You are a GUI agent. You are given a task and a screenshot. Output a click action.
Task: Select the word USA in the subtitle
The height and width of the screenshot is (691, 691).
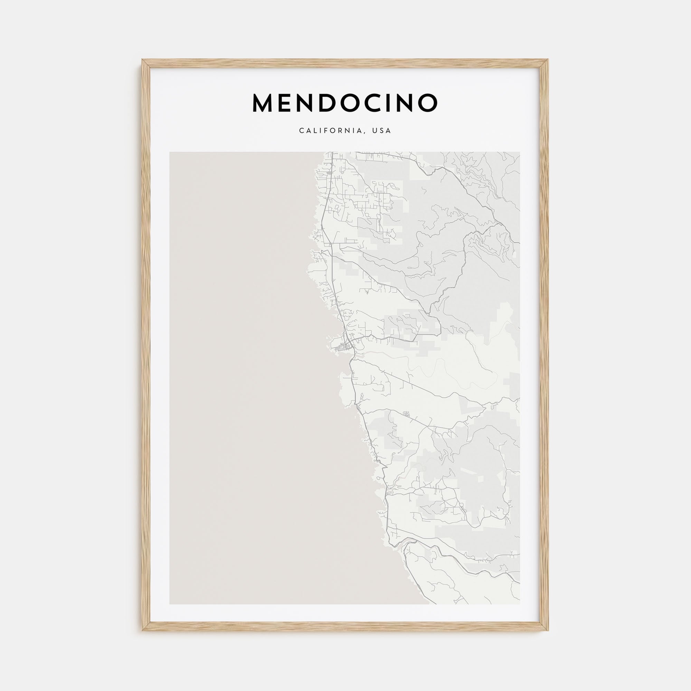(x=382, y=131)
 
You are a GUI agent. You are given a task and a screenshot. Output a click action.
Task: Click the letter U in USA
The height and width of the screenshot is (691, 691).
(x=375, y=131)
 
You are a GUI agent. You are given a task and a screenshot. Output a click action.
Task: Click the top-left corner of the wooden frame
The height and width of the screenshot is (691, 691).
(x=142, y=59)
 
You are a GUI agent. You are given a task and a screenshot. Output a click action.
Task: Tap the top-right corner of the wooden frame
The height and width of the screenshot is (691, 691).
(x=548, y=59)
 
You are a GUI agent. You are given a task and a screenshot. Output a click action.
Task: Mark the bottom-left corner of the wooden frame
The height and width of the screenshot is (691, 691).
(x=142, y=630)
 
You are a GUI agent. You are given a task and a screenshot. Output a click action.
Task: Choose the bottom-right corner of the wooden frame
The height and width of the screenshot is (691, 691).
(x=548, y=630)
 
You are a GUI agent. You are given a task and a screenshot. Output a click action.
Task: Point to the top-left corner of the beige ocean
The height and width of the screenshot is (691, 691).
(x=170, y=152)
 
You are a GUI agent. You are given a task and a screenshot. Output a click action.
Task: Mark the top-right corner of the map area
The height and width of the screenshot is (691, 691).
(x=520, y=152)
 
